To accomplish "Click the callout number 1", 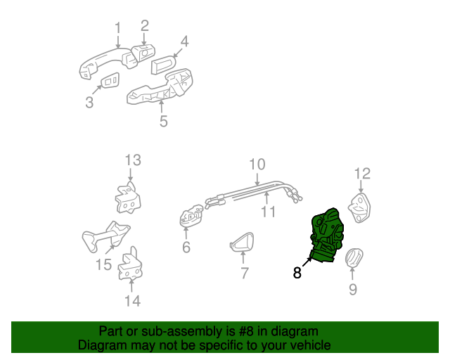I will coord(118,28).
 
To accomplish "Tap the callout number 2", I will coord(144,25).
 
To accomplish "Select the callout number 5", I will coord(163,122).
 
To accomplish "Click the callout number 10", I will coord(257,164).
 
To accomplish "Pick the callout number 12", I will coord(361,173).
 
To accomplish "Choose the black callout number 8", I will coord(297,273).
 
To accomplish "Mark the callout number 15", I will coord(103,264).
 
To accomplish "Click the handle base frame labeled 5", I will coord(158,89).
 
